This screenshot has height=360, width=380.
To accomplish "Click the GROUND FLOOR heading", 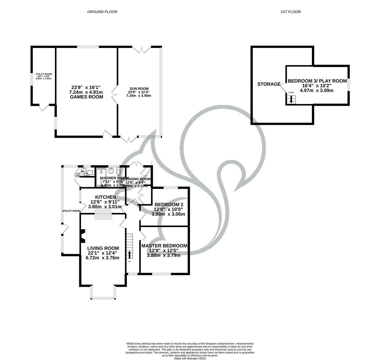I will coord(102,12).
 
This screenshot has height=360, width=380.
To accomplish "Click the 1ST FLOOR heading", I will coord(290,12).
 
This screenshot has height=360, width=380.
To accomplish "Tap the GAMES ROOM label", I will coord(86,97).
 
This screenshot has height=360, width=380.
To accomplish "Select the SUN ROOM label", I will coord(139,89).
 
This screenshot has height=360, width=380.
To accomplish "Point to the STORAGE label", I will coord(269,84).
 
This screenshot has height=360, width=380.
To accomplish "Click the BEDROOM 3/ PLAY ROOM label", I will coord(317,81).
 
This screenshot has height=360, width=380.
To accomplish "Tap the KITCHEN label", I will coord(105,197).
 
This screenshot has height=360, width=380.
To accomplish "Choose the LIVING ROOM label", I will coord(103,248).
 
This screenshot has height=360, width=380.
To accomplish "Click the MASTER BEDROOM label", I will coord(164,246).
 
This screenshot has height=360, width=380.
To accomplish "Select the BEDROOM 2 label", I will coord(168,205).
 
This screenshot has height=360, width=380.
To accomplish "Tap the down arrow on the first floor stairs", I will coord(291,99).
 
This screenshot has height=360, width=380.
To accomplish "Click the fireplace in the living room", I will coord(84,236).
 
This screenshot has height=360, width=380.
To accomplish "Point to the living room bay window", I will coord(103,293).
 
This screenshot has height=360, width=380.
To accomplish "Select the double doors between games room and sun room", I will coord(115,94).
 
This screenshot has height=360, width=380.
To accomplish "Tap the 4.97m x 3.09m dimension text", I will coord(317,90).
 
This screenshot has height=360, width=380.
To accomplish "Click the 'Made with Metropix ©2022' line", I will coord(190,359).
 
